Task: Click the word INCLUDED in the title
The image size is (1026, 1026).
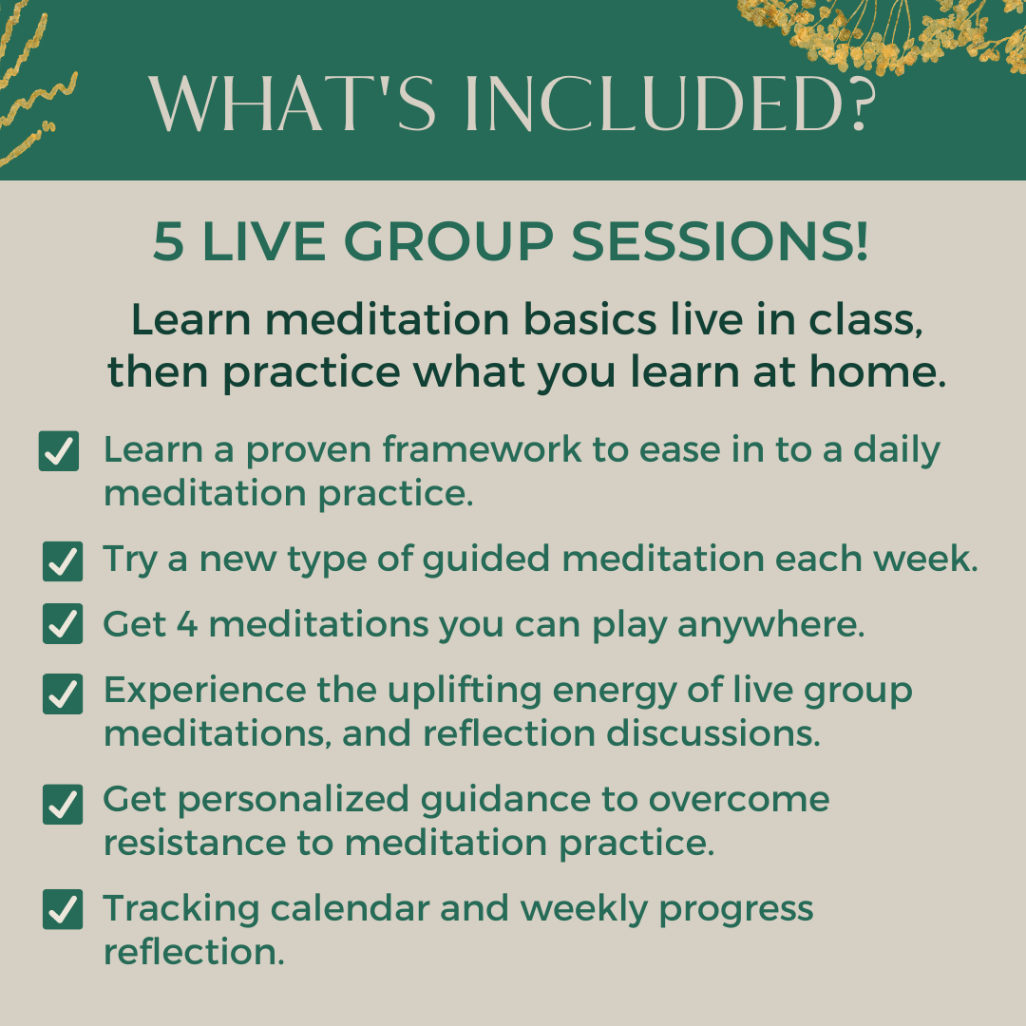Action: coord(670,104)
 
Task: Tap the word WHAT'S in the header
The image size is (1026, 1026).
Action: coord(292,104)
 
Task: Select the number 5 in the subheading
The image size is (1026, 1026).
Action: coord(168,241)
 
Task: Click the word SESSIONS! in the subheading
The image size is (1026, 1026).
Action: coord(720,241)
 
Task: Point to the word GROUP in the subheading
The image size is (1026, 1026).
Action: coord(448,241)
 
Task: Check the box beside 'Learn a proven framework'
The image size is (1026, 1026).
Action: coord(59,451)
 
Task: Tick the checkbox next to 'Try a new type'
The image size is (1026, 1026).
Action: coord(63,561)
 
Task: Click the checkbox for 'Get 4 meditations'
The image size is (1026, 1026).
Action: coord(63,623)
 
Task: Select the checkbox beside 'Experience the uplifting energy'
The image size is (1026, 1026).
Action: coord(63,693)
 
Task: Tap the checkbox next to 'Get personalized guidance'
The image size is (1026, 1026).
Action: coord(63,805)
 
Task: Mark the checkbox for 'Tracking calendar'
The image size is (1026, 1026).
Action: coord(63,909)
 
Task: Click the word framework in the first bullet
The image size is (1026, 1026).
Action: coord(482,449)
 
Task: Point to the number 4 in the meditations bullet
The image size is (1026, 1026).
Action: coord(187,623)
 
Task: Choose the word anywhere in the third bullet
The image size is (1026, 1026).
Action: coord(770,625)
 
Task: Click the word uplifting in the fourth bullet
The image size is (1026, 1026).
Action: coord(465,692)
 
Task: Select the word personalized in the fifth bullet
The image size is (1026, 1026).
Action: coord(294,800)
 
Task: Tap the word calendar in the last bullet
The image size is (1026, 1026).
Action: coord(350,908)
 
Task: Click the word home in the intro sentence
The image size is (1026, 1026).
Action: coord(878,371)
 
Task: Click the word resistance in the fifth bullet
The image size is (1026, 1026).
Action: coord(195,843)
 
